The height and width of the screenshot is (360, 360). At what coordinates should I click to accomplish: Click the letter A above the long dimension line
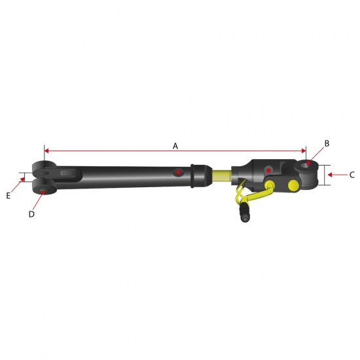[x=175, y=146]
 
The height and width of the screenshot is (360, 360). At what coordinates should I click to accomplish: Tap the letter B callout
[x=327, y=143]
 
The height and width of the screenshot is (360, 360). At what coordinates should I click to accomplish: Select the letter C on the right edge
[x=351, y=175]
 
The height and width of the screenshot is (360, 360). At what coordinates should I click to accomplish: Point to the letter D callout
[x=31, y=214]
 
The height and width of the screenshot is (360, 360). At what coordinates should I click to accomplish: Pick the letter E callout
[x=9, y=196]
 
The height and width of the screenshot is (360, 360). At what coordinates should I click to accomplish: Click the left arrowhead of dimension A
[x=46, y=151]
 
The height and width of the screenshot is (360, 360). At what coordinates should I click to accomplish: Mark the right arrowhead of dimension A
[x=304, y=151]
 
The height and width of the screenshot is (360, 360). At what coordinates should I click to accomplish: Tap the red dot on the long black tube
[x=178, y=171]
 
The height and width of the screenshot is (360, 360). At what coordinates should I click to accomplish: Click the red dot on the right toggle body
[x=268, y=170]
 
